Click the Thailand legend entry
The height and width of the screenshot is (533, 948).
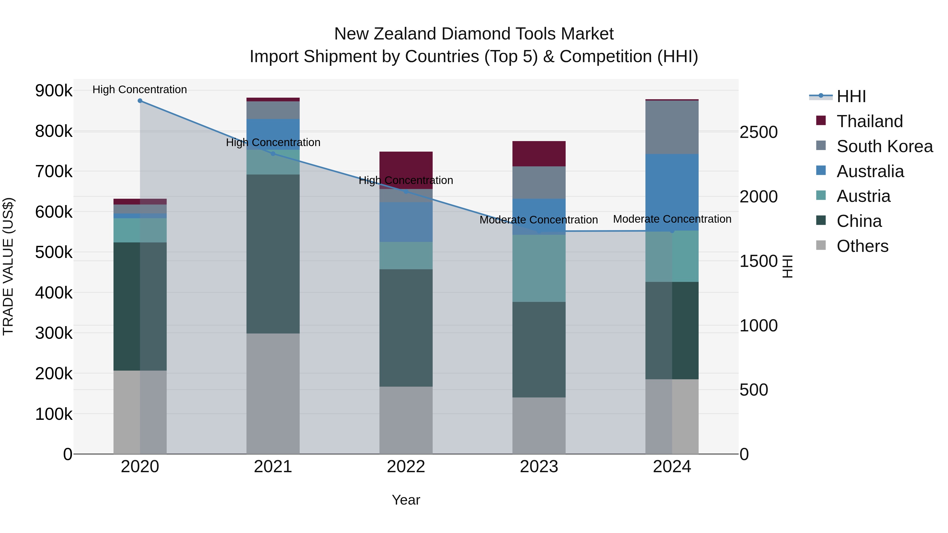(869, 121)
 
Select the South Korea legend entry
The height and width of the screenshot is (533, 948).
(884, 146)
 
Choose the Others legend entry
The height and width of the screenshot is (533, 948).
(862, 246)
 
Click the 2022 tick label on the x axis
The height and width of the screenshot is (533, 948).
(406, 467)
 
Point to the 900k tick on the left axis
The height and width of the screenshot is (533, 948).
(54, 91)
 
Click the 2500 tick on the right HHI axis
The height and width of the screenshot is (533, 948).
(758, 132)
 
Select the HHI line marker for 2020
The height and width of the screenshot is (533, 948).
(140, 101)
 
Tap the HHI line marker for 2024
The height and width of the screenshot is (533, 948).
(672, 231)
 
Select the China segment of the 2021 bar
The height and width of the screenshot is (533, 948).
(273, 254)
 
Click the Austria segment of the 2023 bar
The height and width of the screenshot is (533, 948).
(539, 268)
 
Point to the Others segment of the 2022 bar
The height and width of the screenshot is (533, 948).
(406, 420)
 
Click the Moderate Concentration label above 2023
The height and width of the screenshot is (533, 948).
(539, 220)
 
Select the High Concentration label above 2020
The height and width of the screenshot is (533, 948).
(140, 90)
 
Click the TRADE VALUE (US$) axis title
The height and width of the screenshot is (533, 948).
(8, 266)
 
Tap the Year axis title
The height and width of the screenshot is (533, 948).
(406, 500)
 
